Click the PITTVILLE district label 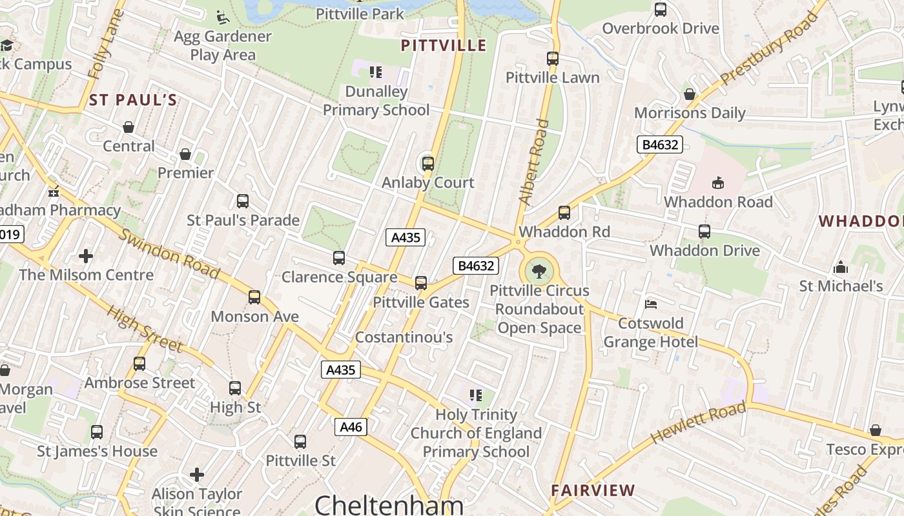pyautogui.click(x=444, y=45)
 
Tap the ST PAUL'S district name pyautogui.click(x=133, y=100)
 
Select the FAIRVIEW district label pyautogui.click(x=593, y=490)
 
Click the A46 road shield pyautogui.click(x=351, y=427)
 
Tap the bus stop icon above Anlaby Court pyautogui.click(x=427, y=163)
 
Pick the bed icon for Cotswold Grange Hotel pyautogui.click(x=651, y=304)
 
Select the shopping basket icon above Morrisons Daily pyautogui.click(x=690, y=94)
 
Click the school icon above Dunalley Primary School pyautogui.click(x=375, y=72)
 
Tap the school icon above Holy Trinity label pyautogui.click(x=476, y=395)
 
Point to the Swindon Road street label pyautogui.click(x=170, y=253)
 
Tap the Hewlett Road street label pyautogui.click(x=698, y=422)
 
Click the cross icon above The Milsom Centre pyautogui.click(x=85, y=256)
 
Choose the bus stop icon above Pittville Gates pyautogui.click(x=421, y=283)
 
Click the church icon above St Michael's pyautogui.click(x=841, y=267)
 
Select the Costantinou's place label pyautogui.click(x=404, y=337)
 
